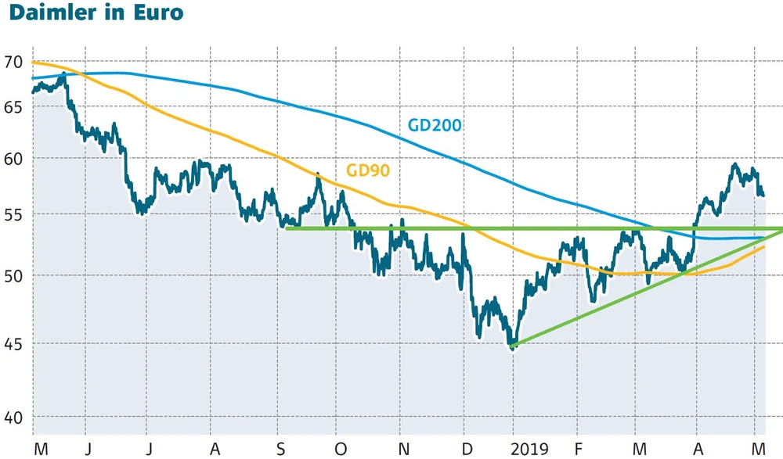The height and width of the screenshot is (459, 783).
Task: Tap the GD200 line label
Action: click(435, 124)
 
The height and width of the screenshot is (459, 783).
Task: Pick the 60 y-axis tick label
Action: click(14, 157)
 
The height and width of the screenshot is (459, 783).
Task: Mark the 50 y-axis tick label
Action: click(14, 275)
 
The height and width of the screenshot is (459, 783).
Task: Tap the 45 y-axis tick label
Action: click(14, 343)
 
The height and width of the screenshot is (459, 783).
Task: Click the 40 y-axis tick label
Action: click(14, 418)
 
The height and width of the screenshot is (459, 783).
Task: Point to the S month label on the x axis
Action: click(281, 449)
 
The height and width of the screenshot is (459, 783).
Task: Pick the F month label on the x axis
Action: click(579, 449)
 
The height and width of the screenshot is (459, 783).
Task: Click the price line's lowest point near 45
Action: click(513, 349)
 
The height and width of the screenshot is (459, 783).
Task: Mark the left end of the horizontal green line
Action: click(287, 228)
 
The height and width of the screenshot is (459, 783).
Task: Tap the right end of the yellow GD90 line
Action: click(764, 247)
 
